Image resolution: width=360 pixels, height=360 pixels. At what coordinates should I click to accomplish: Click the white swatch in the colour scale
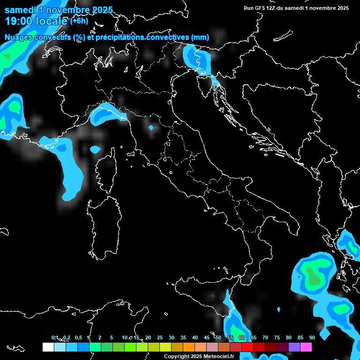coord(48,347)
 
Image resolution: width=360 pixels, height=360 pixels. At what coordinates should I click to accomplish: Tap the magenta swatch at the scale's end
coord(306,347)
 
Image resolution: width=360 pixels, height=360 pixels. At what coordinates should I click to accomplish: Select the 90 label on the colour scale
coord(312,337)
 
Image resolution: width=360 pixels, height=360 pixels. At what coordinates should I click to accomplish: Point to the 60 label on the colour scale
coord(242,337)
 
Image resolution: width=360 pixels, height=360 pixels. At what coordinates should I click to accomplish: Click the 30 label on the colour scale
coord(172,337)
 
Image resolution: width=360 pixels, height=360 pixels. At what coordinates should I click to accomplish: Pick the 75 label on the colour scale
coord(277,337)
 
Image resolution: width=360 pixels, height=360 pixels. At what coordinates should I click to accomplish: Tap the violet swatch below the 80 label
coord(294,347)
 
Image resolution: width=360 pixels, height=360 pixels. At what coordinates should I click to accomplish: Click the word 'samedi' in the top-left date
coord(21,10)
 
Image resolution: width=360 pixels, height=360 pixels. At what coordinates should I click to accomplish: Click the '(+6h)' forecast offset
coord(79,21)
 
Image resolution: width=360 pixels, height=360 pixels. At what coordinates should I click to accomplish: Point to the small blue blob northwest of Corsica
coord(95,150)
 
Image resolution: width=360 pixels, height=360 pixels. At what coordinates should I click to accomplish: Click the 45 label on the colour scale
coord(207,337)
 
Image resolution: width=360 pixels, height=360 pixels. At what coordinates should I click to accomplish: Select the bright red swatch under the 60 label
coord(247,347)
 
